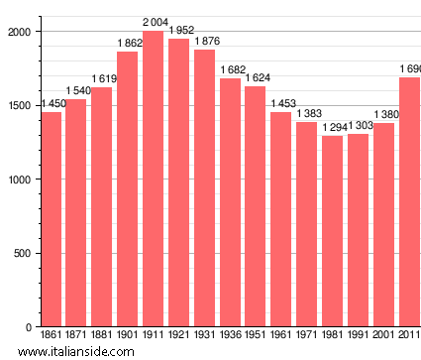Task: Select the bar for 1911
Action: (x=154, y=179)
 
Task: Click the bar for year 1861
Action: (x=51, y=219)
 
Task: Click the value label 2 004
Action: (x=155, y=22)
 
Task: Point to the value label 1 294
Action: (x=334, y=127)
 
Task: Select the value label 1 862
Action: (x=129, y=43)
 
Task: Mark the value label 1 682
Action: (x=231, y=69)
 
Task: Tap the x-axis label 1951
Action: (x=256, y=336)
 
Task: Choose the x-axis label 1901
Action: (x=128, y=336)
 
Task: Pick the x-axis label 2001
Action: (x=383, y=336)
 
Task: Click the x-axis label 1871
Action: (x=76, y=336)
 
